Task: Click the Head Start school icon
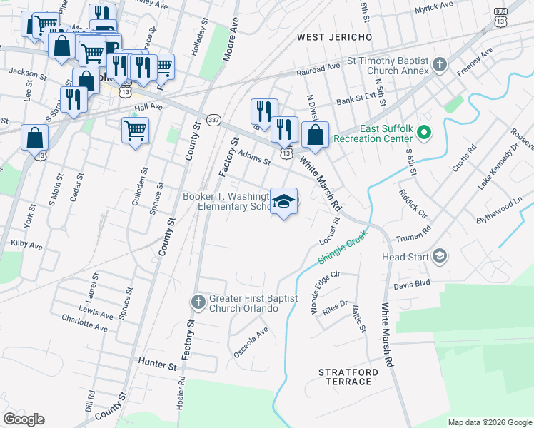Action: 440,255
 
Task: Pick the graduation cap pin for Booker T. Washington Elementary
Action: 283,203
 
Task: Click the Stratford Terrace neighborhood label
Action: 345,377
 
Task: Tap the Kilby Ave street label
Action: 26,244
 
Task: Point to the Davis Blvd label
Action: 411,282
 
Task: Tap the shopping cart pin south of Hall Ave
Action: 135,131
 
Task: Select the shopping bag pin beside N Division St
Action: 315,134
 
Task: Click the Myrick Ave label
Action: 434,6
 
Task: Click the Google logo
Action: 24,419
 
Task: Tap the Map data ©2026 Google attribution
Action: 489,422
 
